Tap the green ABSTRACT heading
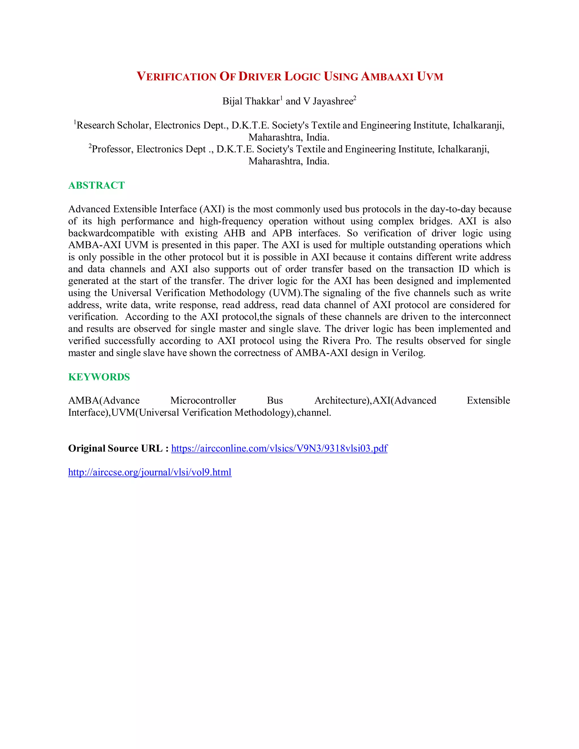tap(96, 185)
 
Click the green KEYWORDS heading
tap(99, 377)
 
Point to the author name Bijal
tap(232, 101)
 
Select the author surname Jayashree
tap(333, 101)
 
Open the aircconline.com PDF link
tap(279, 448)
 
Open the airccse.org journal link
tap(150, 472)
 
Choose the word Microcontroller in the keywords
tap(203, 401)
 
